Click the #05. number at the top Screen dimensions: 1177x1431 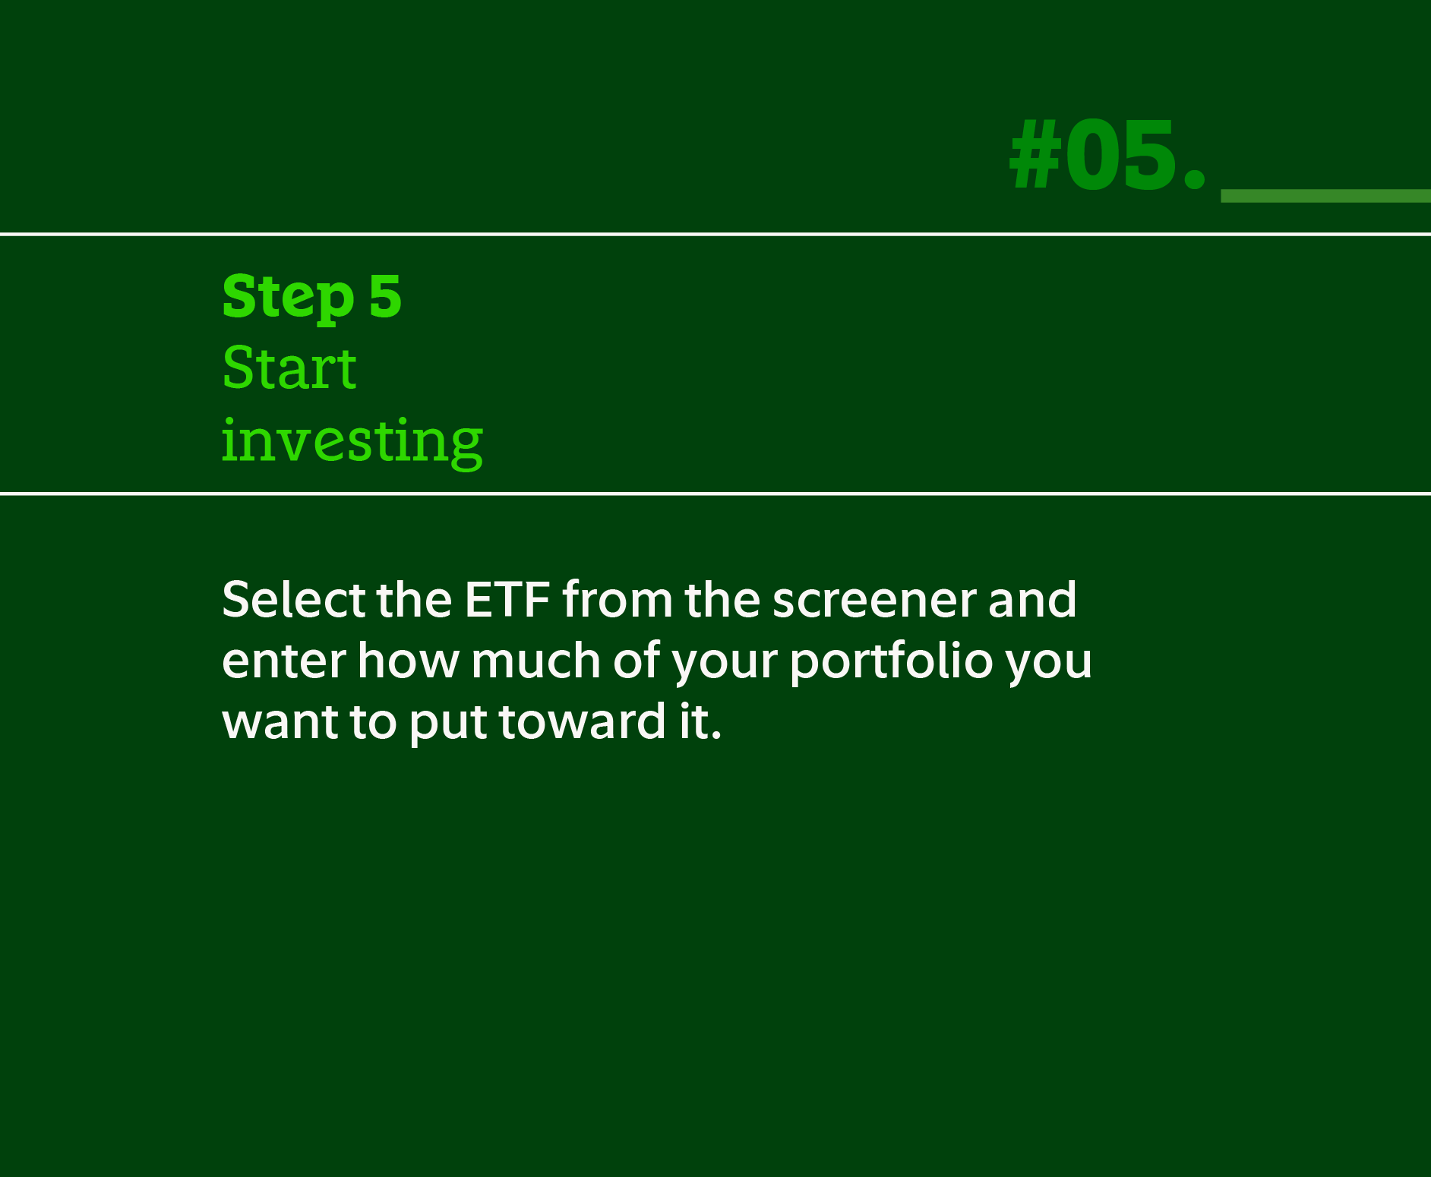(1107, 156)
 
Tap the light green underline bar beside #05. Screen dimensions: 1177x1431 (1325, 196)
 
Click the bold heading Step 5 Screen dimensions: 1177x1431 (311, 297)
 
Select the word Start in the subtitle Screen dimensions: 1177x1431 (289, 368)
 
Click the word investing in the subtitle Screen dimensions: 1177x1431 (352, 441)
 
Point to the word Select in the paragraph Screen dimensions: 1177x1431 (293, 600)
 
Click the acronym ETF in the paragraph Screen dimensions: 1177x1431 (507, 600)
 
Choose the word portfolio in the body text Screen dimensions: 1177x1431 (890, 661)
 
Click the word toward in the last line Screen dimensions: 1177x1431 (583, 721)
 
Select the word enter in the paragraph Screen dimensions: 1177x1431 (284, 661)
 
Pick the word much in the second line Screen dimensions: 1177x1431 (535, 661)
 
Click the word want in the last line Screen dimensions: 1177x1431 (280, 721)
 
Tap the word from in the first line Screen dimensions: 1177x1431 (618, 600)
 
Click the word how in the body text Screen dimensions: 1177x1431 (408, 661)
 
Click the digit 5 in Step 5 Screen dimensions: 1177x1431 (385, 297)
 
